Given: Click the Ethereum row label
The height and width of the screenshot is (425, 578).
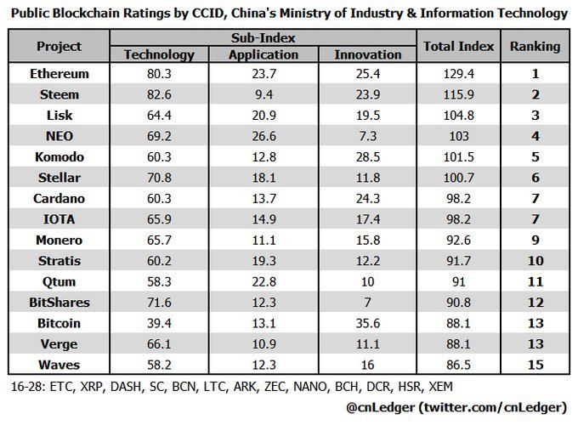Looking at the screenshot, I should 59,74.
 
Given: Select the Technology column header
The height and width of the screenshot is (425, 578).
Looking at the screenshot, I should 159,54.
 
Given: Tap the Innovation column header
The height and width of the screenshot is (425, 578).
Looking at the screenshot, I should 368,54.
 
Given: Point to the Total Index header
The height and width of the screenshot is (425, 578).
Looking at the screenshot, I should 458,46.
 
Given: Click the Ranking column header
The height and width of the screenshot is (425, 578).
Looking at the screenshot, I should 535,46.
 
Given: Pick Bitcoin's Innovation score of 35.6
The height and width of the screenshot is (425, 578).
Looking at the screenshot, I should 368,323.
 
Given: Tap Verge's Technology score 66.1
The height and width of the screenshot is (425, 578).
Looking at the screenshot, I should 159,345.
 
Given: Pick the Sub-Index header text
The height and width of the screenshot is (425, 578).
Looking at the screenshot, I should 263,39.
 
